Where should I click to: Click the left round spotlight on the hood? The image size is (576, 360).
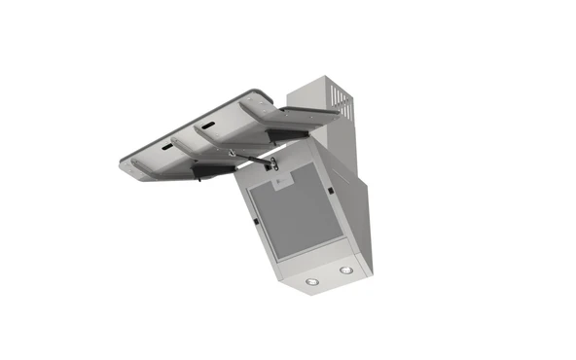tap(312, 282)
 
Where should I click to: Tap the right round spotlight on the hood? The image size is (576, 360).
tap(345, 268)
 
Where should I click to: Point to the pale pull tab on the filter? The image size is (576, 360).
tap(276, 183)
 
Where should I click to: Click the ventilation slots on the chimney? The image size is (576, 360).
tap(338, 101)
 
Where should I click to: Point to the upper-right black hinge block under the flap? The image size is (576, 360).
tap(290, 129)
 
